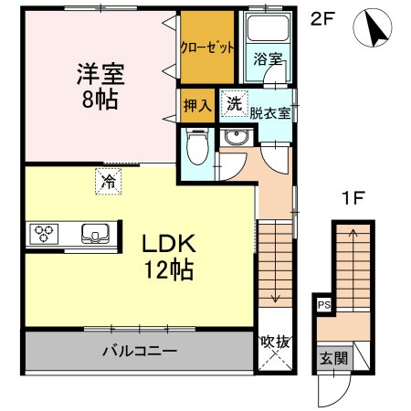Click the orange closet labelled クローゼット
click(208, 47)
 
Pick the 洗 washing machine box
click(235, 104)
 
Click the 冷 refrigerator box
click(107, 180)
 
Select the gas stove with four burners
click(45, 234)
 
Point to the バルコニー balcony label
click(139, 351)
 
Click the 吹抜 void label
click(275, 342)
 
